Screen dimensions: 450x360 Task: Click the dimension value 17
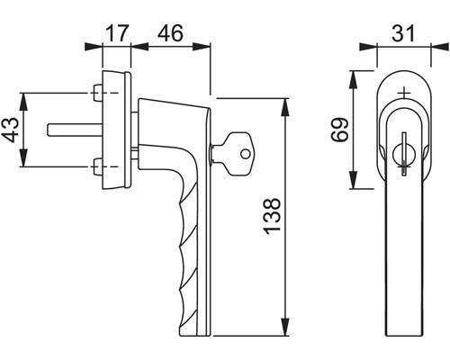point(117,33)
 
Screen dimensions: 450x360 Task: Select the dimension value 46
point(170,33)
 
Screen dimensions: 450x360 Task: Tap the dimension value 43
point(11,130)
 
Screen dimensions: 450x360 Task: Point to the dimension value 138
point(272,216)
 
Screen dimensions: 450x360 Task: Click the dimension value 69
point(340,130)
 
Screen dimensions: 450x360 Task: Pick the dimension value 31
point(403,33)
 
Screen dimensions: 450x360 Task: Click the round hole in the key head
point(246,154)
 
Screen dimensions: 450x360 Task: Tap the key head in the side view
point(239,154)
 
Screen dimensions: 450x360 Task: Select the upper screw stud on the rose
point(97,93)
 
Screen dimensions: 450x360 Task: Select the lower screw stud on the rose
point(97,166)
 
